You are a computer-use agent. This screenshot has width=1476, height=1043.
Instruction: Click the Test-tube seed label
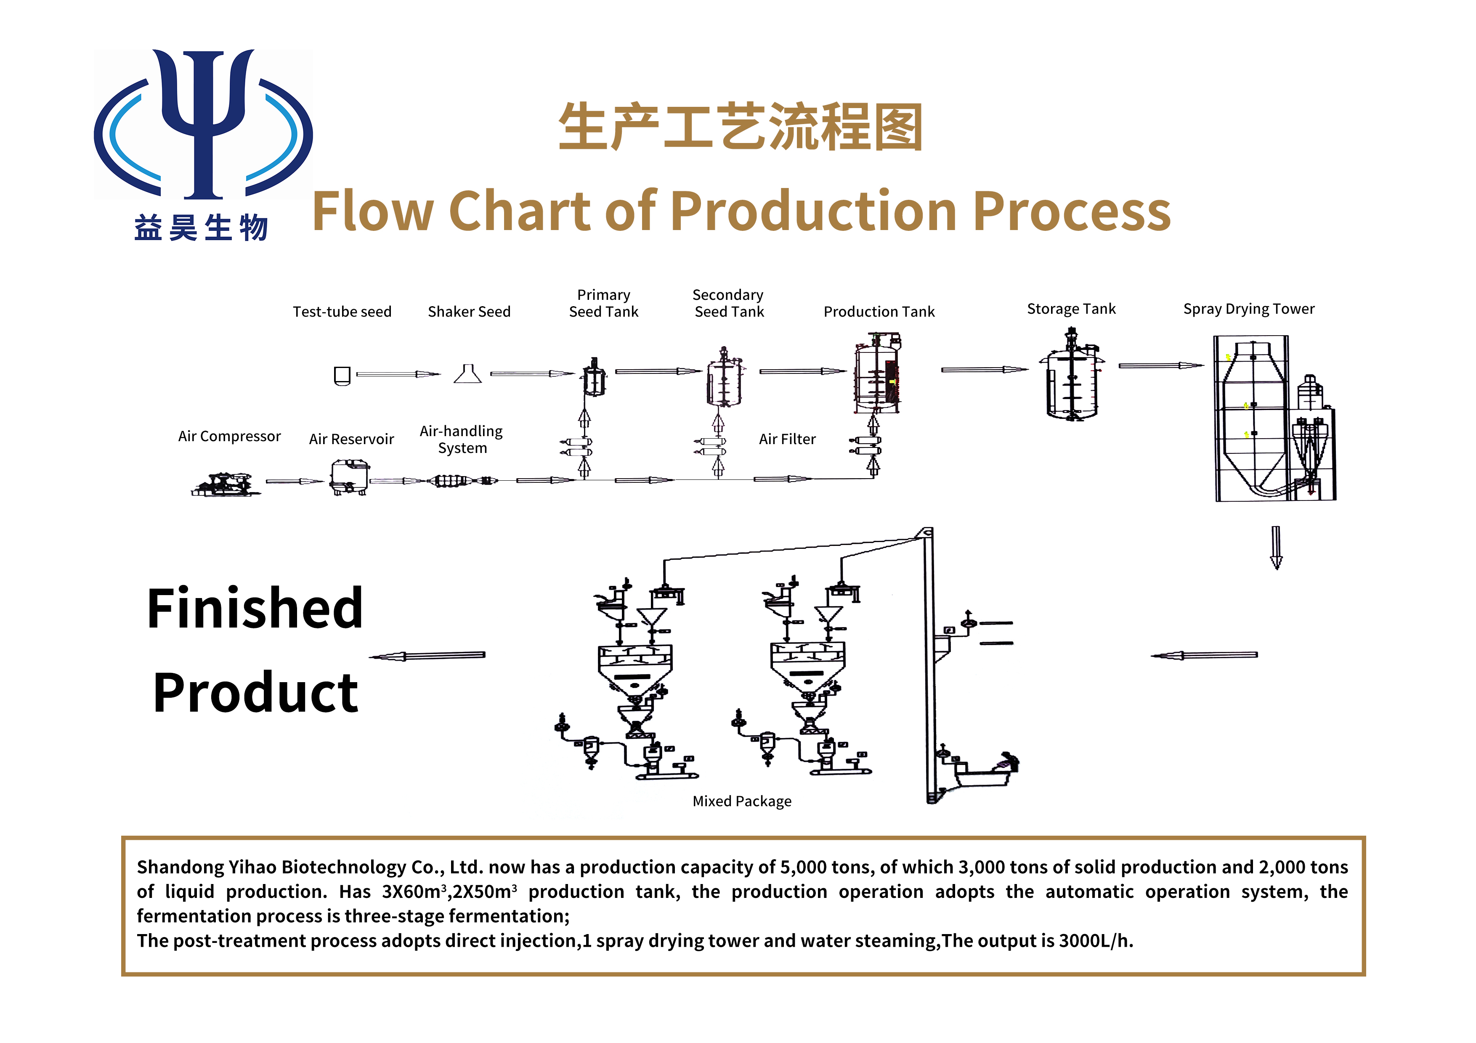coord(342,312)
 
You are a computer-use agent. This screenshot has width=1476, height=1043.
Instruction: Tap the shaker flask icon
coord(467,373)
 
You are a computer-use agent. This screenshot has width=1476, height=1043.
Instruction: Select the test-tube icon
coord(342,375)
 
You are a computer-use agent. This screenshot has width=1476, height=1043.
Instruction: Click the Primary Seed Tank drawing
coord(594,377)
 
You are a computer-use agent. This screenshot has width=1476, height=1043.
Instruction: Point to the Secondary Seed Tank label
coord(728,303)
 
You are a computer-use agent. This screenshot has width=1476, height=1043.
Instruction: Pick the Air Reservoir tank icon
coord(349,477)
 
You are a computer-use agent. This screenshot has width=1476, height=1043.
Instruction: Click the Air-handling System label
coord(462,439)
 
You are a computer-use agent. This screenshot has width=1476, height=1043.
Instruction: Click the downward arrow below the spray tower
coord(1276,548)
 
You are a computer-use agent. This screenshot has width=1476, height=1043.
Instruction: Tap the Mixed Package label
coord(742,801)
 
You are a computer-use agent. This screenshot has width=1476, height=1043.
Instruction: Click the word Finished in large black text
coord(255,608)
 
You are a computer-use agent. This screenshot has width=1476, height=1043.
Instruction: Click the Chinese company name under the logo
coord(201,228)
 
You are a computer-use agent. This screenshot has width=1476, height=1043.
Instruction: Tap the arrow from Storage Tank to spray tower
coord(1160,365)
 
